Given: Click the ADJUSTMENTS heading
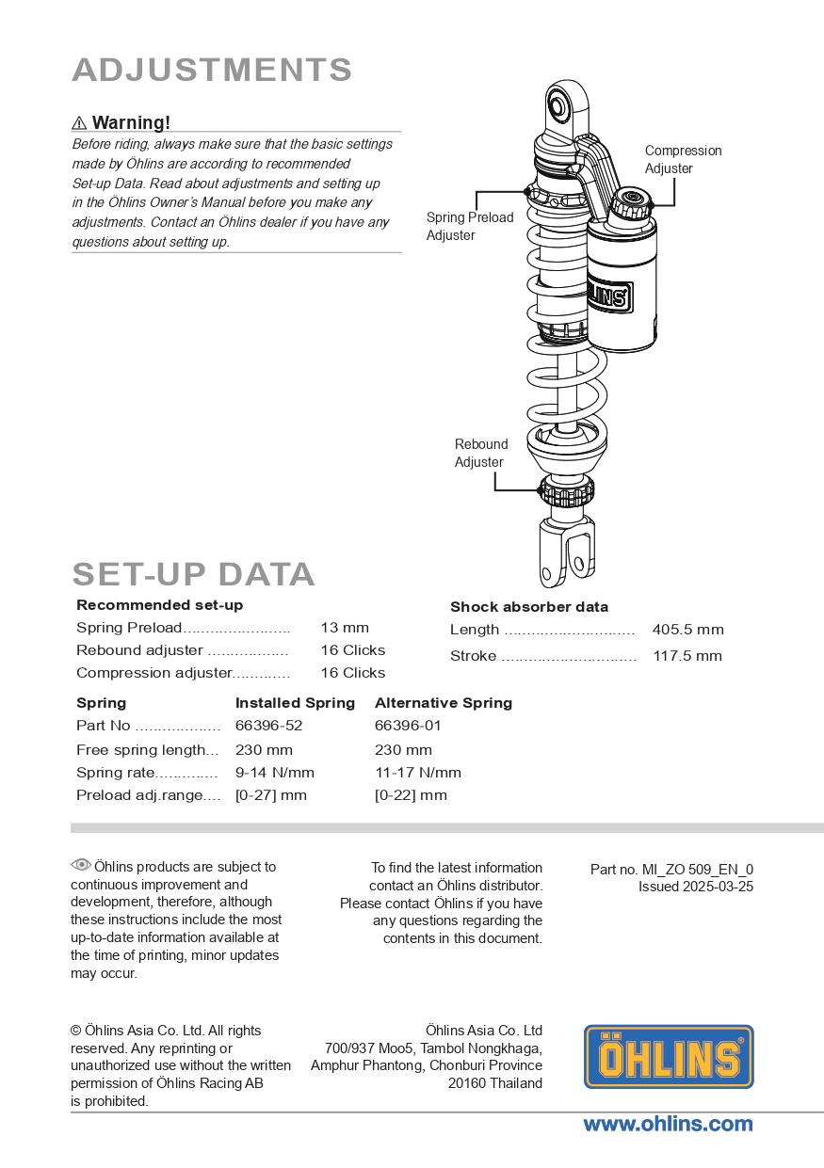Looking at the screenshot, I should point(212,71).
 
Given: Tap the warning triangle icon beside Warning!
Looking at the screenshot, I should point(79,123).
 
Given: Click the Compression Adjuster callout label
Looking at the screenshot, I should point(683,159).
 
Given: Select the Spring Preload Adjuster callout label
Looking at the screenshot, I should point(470,226).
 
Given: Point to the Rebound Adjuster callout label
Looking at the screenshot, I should point(480,453).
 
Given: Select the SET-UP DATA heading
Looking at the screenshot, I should point(193,574).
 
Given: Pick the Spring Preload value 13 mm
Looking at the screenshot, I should point(345,628).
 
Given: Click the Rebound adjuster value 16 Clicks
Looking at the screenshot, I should point(352,650).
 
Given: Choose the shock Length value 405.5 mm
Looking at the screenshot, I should point(687,630).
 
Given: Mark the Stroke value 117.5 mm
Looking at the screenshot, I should point(687,656).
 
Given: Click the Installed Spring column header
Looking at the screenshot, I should point(295,703).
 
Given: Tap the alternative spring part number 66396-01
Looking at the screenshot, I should point(408,726).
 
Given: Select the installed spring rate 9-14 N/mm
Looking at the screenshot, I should point(275,773).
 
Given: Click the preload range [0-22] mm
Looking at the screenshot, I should point(411,795).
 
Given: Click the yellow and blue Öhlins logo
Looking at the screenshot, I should point(669,1057).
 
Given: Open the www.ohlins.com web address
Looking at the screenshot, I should point(668,1124).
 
